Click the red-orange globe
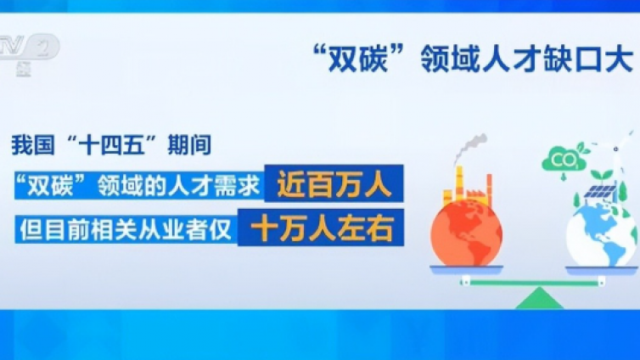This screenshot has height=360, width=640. point(466,229)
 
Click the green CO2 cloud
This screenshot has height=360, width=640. point(563,160)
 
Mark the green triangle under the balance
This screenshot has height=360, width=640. point(534,297)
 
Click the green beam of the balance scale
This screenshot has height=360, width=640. point(534,279)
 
